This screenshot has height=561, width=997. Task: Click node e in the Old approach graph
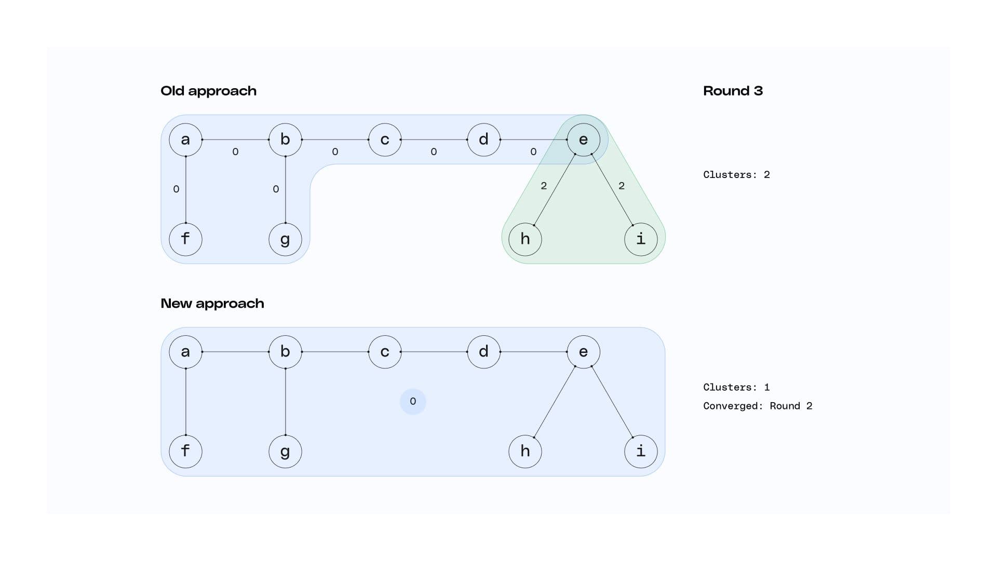[583, 140]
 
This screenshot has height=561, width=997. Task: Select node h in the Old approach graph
[525, 239]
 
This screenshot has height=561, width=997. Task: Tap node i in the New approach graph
[641, 451]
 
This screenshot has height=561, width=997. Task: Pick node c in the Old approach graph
[385, 140]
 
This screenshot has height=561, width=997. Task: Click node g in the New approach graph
[285, 451]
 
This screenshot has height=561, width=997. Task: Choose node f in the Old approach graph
[185, 239]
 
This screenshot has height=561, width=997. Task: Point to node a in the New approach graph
[185, 352]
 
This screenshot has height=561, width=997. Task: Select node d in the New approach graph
[483, 352]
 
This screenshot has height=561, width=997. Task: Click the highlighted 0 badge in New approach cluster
[413, 401]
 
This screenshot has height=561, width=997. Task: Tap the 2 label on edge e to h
[544, 186]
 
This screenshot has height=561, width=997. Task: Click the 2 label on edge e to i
[622, 186]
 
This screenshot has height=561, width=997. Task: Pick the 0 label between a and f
[176, 189]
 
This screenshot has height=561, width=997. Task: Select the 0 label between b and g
[276, 189]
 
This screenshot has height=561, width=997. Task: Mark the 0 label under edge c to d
[434, 152]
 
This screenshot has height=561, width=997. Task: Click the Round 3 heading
[733, 91]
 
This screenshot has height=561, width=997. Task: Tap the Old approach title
[208, 91]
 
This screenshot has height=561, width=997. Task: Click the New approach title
[212, 304]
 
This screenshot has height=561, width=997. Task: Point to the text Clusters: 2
[736, 175]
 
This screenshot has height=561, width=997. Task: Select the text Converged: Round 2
[757, 406]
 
